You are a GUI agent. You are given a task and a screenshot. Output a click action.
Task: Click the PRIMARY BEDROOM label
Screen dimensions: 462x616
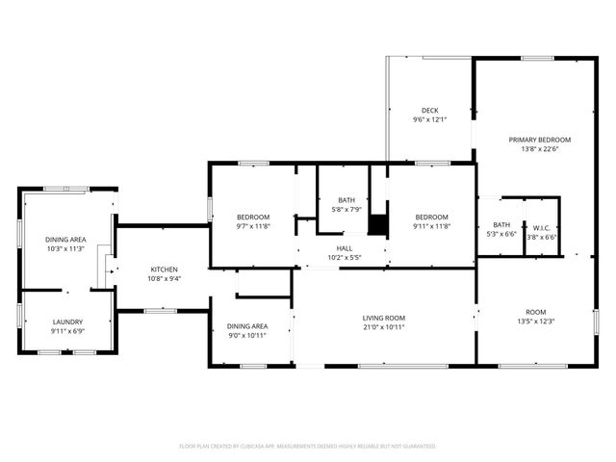pos(539,140)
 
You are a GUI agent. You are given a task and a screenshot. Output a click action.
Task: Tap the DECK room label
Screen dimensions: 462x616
pos(430,110)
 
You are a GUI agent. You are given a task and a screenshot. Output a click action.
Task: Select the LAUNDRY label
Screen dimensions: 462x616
pos(67,321)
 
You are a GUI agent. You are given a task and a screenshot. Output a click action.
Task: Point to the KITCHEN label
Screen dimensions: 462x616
pos(164,269)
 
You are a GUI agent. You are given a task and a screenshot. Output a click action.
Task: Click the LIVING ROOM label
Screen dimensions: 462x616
pos(383,318)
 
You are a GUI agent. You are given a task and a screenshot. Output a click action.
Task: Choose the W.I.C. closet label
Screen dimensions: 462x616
pos(541,227)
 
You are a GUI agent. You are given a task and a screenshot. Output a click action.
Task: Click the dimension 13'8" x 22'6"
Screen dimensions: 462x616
pos(539,149)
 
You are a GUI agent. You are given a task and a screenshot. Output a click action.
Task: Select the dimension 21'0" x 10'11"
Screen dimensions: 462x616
pos(383,327)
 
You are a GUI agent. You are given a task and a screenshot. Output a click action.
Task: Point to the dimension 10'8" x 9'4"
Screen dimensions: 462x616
pos(164,278)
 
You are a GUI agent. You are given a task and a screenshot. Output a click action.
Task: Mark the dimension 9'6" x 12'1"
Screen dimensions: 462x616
pos(430,119)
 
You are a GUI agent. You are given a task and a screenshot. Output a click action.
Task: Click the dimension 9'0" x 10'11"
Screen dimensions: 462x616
pos(246,335)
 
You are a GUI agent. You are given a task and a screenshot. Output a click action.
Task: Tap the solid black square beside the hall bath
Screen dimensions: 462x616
pos(377,224)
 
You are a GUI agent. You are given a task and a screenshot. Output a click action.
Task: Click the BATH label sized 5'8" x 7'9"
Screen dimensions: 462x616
pos(346,200)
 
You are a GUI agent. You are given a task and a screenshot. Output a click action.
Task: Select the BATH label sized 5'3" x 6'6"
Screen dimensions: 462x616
pos(501,225)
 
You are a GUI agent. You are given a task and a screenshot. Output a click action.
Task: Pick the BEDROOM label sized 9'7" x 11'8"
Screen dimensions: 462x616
pos(253,217)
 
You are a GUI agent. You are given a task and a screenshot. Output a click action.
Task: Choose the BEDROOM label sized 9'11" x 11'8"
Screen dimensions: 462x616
pos(431,217)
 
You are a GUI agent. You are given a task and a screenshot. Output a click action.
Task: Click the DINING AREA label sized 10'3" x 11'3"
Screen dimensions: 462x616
pos(65,239)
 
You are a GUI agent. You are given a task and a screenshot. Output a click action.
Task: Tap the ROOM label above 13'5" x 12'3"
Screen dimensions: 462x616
pos(536,312)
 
